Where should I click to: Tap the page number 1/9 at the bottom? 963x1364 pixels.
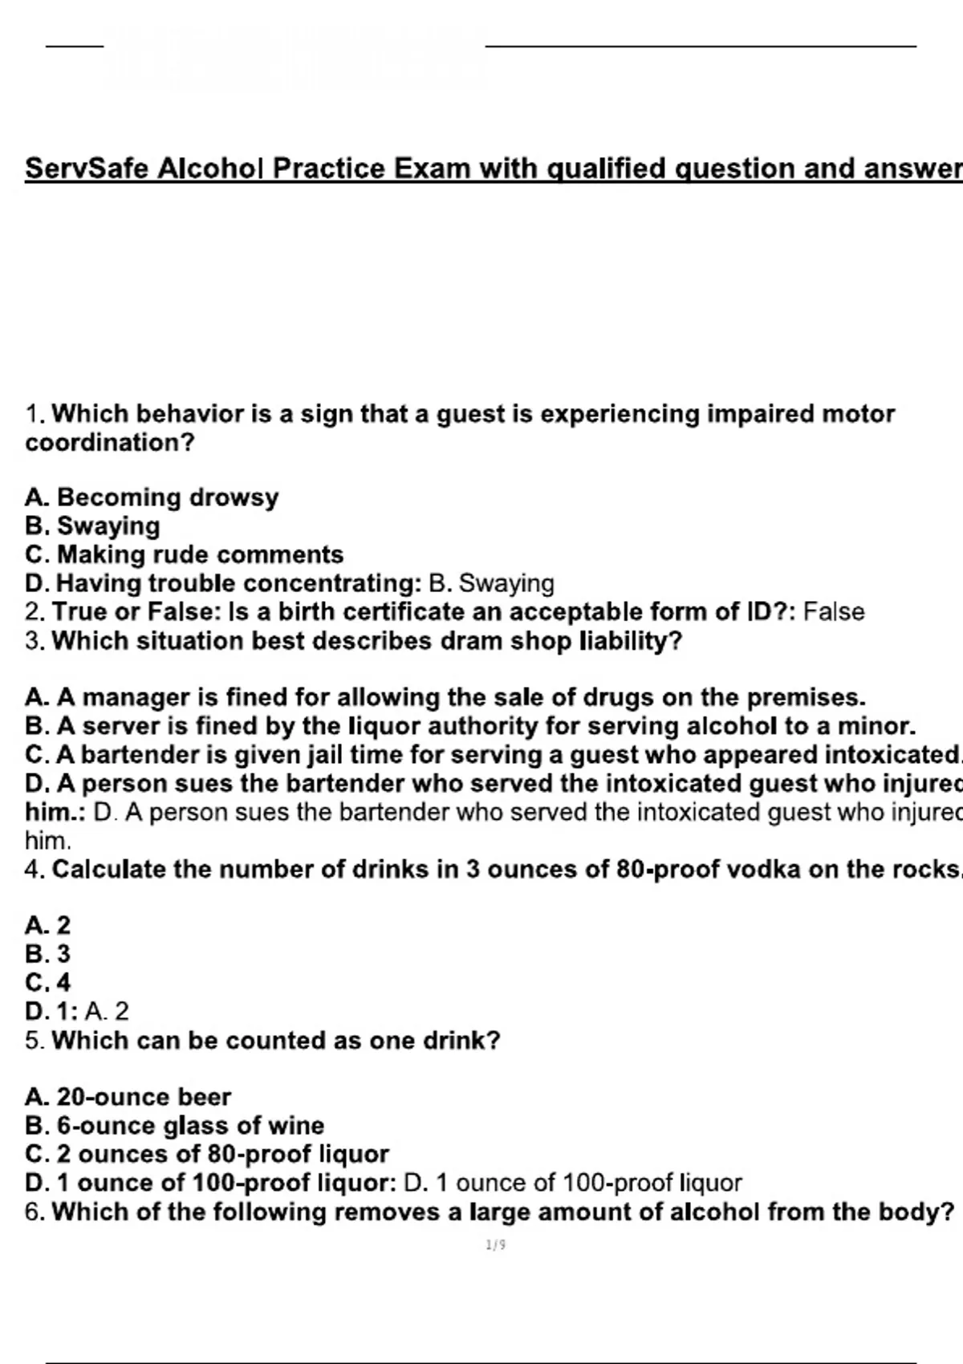495,1245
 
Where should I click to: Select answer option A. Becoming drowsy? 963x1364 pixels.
152,497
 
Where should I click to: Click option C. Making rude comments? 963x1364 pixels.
184,555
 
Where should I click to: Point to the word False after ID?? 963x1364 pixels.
834,612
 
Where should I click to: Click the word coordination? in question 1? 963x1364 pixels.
110,443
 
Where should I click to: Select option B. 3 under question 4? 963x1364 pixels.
47,954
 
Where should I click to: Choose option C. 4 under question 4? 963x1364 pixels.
47,983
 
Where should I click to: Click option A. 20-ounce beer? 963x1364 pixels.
128,1097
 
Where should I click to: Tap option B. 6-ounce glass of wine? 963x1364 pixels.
174,1126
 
